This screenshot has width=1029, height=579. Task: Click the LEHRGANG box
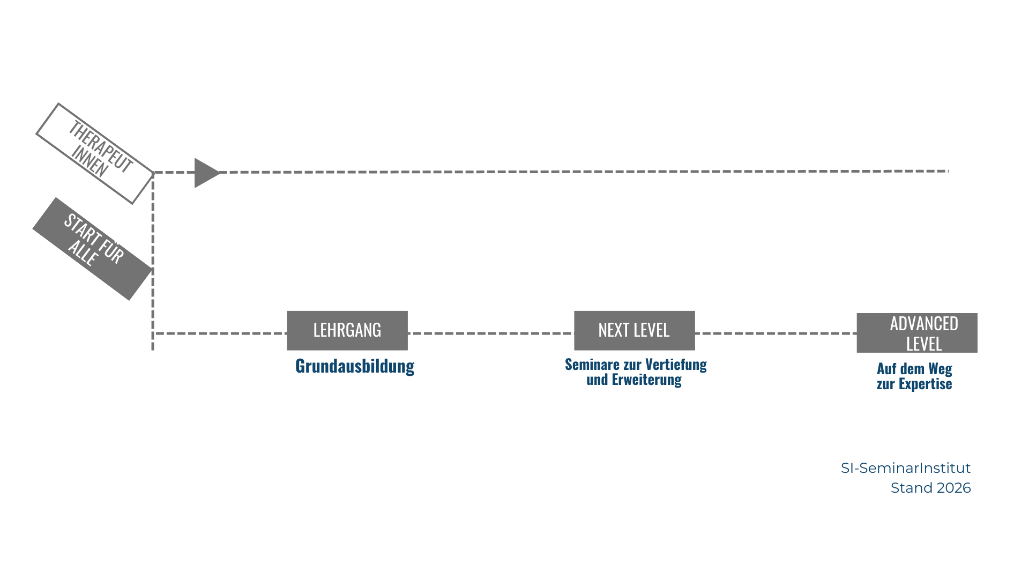point(347,330)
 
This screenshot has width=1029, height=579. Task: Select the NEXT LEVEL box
point(634,330)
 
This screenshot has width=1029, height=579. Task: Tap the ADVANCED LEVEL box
point(917,333)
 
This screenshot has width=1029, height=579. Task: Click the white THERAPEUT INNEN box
point(95,153)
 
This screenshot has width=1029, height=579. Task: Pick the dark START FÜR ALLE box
point(92,249)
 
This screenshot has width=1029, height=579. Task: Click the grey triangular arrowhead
point(206,173)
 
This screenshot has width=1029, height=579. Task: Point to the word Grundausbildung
point(355,366)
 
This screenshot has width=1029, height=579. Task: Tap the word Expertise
point(925,384)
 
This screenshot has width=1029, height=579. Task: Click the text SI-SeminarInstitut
point(906,468)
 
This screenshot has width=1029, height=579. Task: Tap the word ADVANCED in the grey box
point(924,324)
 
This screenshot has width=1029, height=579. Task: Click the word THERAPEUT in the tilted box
point(100,146)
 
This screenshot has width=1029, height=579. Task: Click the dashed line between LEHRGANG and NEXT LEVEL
point(490,333)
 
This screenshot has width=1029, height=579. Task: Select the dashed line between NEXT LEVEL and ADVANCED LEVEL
point(776,333)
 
